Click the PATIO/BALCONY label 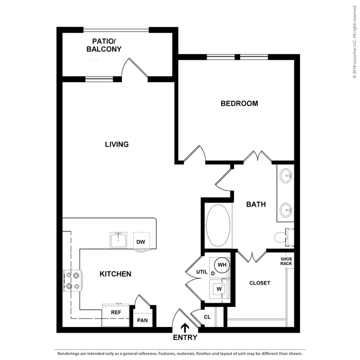[104, 45]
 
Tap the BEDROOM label [239, 103]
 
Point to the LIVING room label [117, 145]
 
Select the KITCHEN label [116, 274]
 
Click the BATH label [256, 205]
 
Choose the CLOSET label [260, 283]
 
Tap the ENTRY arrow [185, 328]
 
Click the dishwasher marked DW [142, 241]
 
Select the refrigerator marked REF [116, 315]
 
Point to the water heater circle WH [222, 265]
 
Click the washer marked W [220, 289]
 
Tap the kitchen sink [118, 240]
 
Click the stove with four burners [72, 280]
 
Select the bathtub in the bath [218, 226]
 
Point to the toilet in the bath [284, 238]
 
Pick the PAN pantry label [143, 320]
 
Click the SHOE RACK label [286, 261]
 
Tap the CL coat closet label [207, 317]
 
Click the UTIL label [202, 272]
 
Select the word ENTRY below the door [185, 337]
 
